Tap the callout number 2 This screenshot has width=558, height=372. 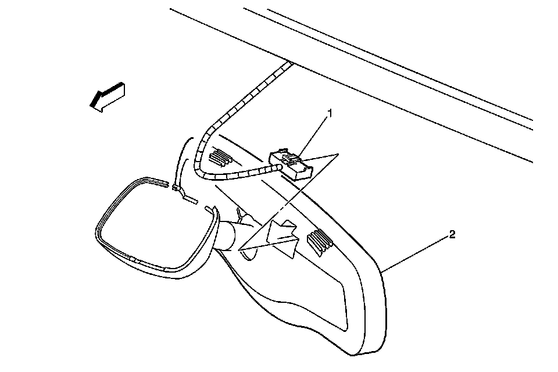click(x=452, y=235)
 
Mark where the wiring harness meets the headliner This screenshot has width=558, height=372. click(x=288, y=63)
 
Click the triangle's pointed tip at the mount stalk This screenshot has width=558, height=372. click(x=239, y=249)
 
